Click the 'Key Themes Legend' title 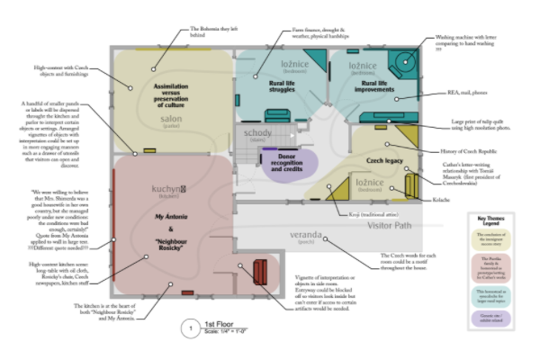[491, 221]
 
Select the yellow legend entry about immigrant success [491, 241]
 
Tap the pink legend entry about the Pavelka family [491, 266]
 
